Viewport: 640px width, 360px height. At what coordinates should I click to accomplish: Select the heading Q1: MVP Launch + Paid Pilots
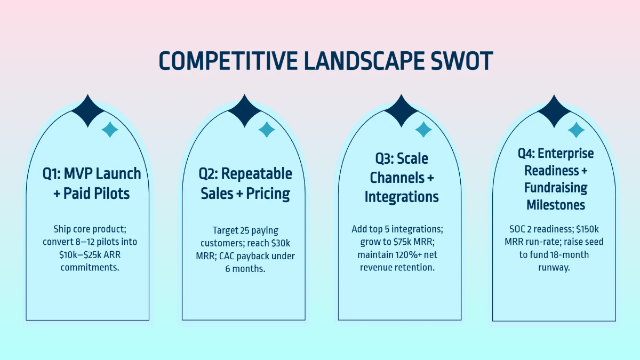coord(92,183)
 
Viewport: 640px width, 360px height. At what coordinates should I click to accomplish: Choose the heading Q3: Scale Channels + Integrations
coord(401,178)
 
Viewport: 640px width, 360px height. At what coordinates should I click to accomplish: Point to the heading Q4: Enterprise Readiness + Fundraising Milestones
coord(556,179)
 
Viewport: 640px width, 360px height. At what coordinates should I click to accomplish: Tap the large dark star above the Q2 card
coord(244,111)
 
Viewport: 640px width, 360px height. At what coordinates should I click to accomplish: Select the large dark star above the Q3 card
coord(401,111)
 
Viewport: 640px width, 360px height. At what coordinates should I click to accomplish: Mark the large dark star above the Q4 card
coord(554,111)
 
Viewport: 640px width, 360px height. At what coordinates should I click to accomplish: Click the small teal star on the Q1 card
coord(110,129)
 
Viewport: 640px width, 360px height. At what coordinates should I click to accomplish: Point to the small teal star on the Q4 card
coord(576,130)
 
